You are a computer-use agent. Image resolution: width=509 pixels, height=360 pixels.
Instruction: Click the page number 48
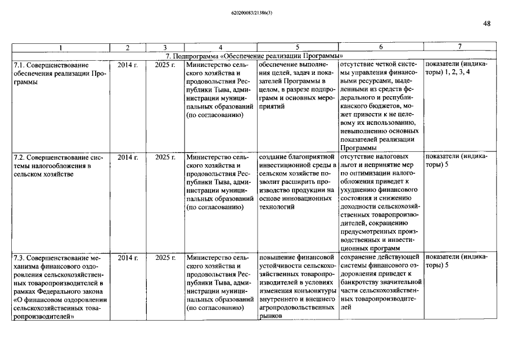(x=487, y=24)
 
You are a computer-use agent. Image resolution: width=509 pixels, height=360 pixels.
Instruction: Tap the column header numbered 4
(x=220, y=47)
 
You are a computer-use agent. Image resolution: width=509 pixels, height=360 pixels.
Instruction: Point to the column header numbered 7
(x=460, y=47)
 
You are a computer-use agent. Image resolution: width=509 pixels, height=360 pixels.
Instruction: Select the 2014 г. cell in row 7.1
(x=128, y=65)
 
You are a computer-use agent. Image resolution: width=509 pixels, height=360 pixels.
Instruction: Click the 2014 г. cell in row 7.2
(x=128, y=156)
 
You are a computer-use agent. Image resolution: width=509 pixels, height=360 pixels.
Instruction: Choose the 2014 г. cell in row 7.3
(x=128, y=258)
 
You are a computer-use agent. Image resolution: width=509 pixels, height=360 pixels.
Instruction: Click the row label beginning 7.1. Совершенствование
(x=59, y=73)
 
